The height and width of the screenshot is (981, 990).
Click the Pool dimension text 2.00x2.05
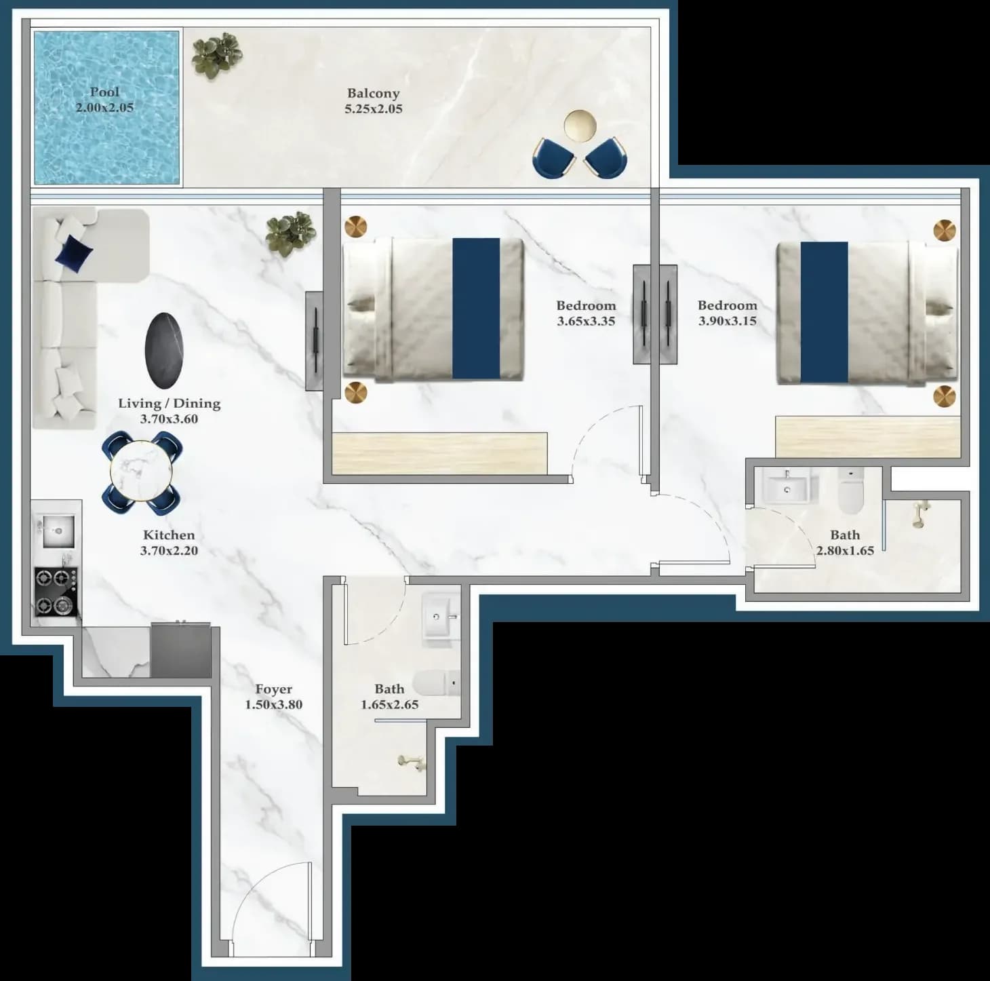pos(105,107)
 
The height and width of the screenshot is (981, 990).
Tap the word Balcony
pos(374,93)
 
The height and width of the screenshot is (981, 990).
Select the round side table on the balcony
pos(580,126)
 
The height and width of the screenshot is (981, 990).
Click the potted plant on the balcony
pos(217,56)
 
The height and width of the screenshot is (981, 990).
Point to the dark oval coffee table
pos(164,350)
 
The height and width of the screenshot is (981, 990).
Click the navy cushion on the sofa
pos(75,253)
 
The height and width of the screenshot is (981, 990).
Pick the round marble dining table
pos(141,471)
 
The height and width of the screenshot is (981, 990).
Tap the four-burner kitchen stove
pos(56,592)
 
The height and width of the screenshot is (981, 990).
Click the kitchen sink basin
pos(58,531)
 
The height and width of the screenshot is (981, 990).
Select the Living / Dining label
pos(169,403)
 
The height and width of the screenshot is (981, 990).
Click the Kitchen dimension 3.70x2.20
pos(169,550)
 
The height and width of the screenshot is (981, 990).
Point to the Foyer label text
pos(274,689)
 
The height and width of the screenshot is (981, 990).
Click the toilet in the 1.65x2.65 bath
pos(437,682)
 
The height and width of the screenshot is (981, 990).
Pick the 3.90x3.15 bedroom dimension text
pos(728,321)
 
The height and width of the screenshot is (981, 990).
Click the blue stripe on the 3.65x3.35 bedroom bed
pos(476,309)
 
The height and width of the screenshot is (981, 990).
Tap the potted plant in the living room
pos(290,233)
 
